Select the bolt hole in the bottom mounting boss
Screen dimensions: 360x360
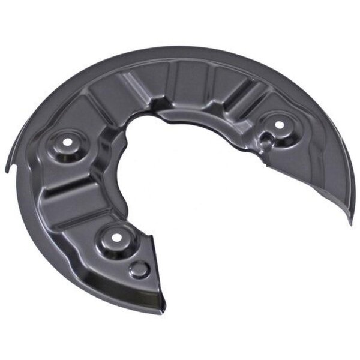(114, 236)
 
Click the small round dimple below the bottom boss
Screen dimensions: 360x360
(139, 269)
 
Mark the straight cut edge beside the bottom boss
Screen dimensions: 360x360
(154, 264)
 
